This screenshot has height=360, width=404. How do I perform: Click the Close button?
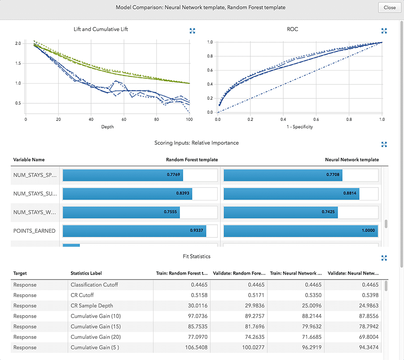(x=389, y=8)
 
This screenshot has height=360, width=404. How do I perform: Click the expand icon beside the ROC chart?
(x=384, y=31)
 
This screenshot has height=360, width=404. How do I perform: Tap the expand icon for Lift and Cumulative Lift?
(x=192, y=31)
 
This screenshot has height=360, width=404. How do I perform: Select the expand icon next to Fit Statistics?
(x=384, y=258)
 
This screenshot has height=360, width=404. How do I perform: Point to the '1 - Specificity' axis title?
(x=299, y=127)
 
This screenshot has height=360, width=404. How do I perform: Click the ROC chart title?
(x=292, y=29)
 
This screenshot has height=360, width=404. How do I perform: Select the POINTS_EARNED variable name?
(x=35, y=231)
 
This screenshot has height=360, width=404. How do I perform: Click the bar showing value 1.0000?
(x=301, y=231)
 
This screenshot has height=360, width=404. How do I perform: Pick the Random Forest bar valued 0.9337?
(x=134, y=231)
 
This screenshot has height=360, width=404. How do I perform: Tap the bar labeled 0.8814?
(x=291, y=194)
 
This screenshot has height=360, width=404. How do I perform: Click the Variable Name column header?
(x=29, y=160)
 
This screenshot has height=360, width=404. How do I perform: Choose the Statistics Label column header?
(x=86, y=273)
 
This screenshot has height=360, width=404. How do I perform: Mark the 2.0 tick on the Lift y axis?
(x=18, y=44)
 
